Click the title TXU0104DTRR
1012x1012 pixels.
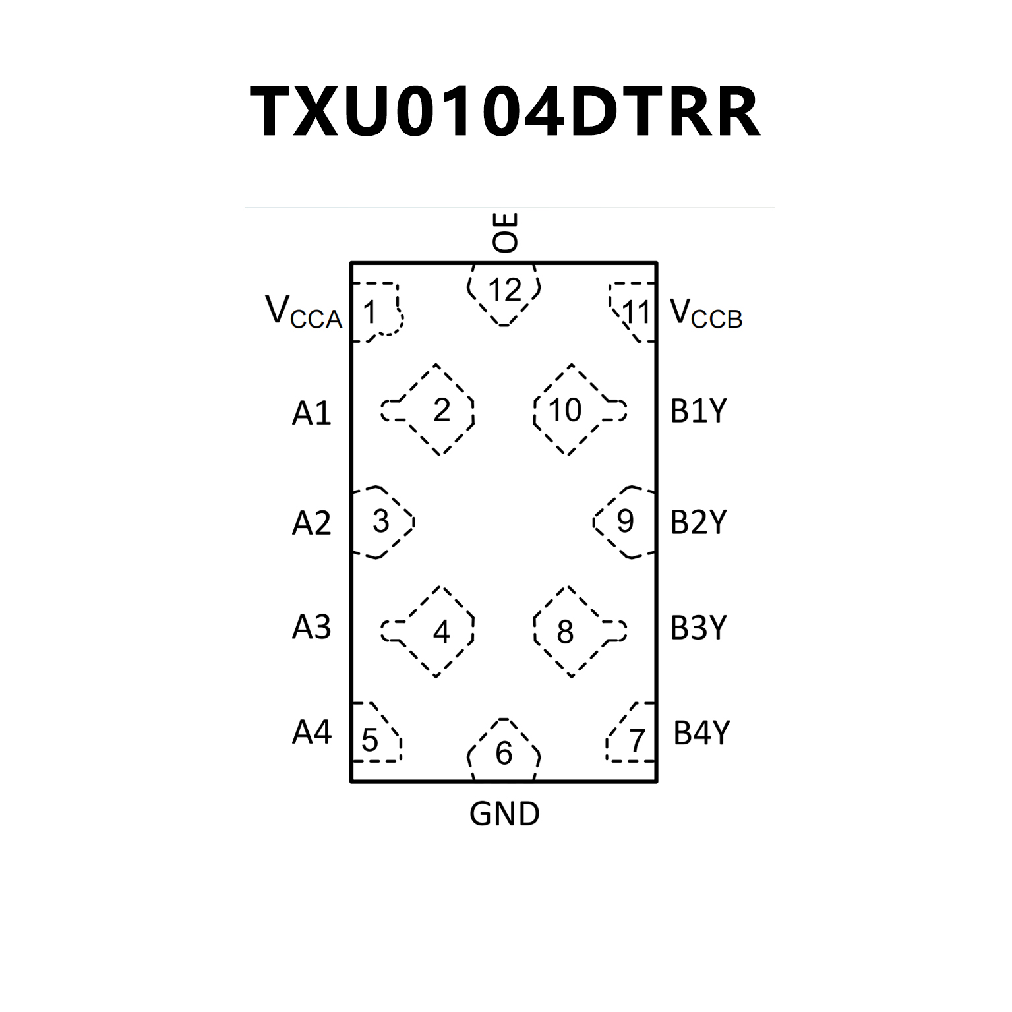tap(505, 113)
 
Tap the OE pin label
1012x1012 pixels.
tap(506, 233)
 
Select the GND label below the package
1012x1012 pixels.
tap(504, 814)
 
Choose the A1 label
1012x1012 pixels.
tap(311, 413)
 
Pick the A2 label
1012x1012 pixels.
tap(311, 523)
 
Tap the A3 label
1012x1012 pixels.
tap(311, 627)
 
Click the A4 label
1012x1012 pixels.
tap(311, 732)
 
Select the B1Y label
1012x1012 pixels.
tap(698, 411)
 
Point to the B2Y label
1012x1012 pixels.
tap(698, 522)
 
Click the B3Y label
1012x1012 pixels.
tap(698, 628)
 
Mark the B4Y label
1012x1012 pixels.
tap(701, 732)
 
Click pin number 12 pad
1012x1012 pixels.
tap(504, 291)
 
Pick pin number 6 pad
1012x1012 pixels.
tap(504, 752)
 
